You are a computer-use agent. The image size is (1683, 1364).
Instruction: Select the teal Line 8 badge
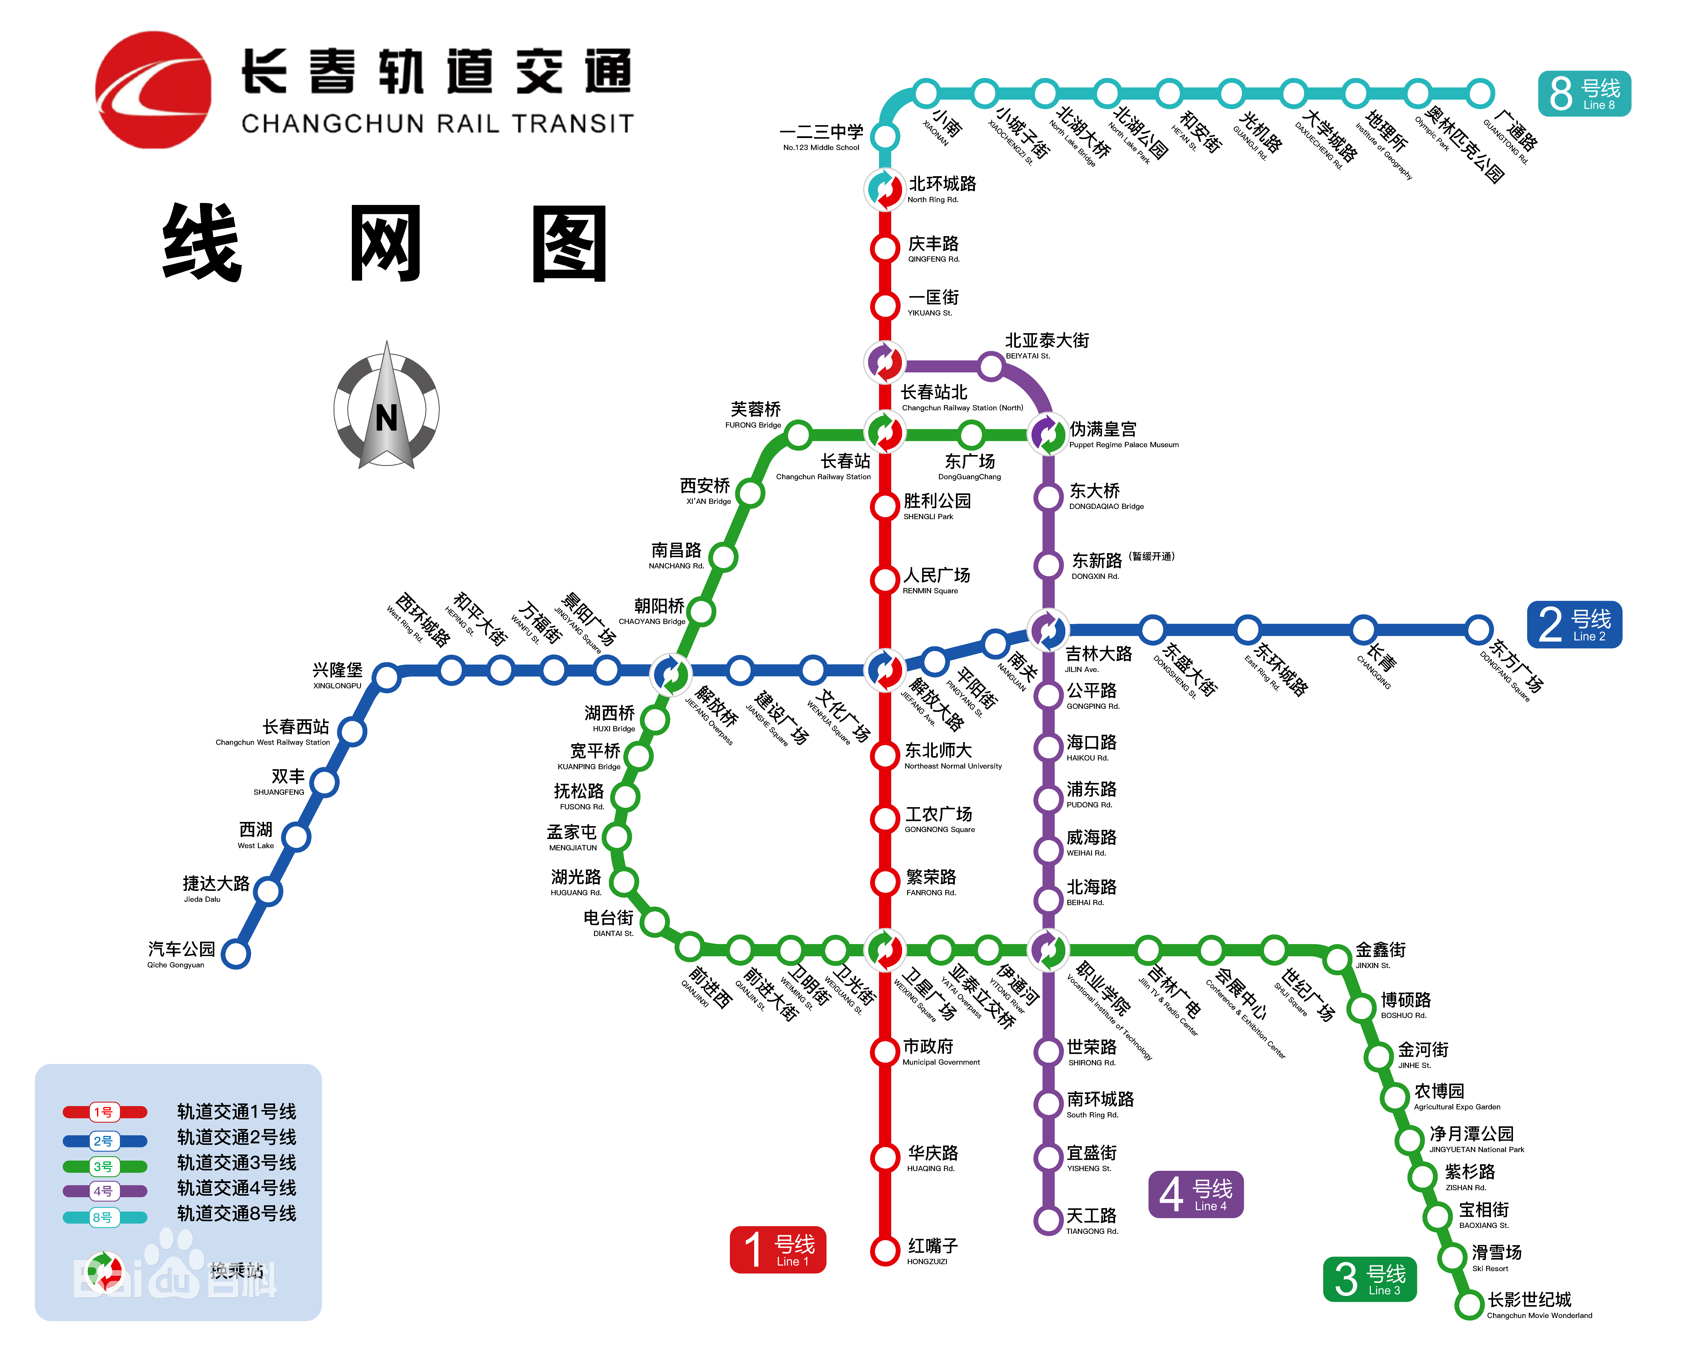(1584, 94)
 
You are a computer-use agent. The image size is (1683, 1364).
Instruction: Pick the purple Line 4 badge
(1195, 1194)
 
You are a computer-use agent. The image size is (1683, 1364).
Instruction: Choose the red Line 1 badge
(777, 1249)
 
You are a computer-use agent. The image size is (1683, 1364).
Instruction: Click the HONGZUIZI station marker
(885, 1249)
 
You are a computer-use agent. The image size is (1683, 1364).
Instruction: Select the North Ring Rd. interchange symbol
(885, 189)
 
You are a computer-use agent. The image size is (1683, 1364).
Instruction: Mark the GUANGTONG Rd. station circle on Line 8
(1480, 93)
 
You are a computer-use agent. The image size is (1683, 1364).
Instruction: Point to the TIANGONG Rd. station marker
(1048, 1220)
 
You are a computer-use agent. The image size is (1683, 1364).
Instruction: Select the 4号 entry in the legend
(104, 1191)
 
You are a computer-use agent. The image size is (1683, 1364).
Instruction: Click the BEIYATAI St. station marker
(991, 365)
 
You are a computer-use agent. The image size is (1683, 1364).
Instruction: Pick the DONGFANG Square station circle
(1478, 629)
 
